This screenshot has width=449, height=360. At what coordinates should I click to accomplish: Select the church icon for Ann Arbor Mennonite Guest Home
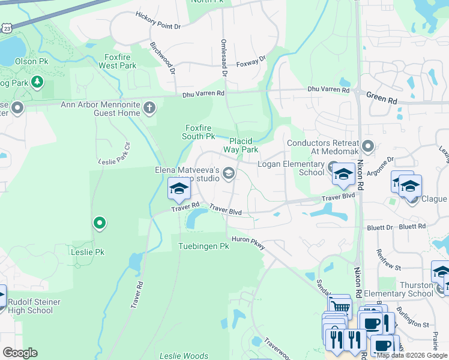click(x=149, y=109)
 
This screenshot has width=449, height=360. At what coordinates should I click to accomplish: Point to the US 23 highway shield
click(x=6, y=28)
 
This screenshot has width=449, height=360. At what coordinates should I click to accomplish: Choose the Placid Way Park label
click(x=241, y=145)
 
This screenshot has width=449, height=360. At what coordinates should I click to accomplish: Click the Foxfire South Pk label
click(x=200, y=132)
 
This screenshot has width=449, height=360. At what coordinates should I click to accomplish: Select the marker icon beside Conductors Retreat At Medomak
click(x=368, y=146)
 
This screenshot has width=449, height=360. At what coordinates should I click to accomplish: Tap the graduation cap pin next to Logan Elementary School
click(x=343, y=174)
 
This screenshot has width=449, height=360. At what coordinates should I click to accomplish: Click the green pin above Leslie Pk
click(x=100, y=224)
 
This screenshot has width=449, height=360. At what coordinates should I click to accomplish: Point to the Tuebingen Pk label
click(x=204, y=247)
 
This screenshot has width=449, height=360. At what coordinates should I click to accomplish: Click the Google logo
click(x=20, y=353)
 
